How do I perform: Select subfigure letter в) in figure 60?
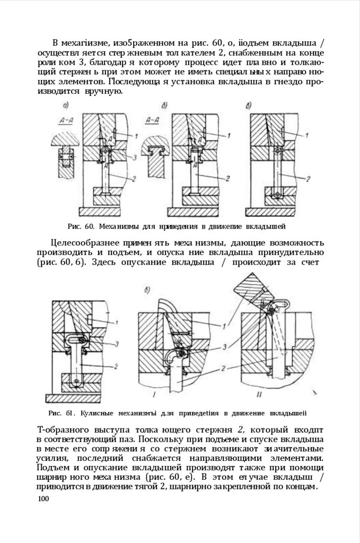pos(248,106)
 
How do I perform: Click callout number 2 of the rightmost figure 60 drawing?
pos(308,179)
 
